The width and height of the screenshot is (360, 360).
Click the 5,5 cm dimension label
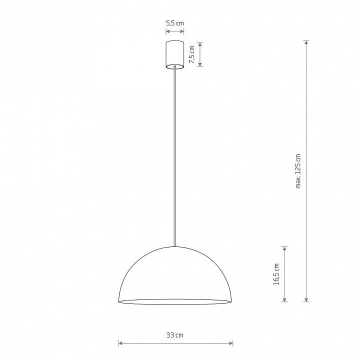[175, 23]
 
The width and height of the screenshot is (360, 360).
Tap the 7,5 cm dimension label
[192, 54]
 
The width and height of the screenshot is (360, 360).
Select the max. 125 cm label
[298, 171]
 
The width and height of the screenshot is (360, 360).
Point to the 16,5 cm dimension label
[276, 274]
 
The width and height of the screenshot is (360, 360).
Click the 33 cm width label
[175, 335]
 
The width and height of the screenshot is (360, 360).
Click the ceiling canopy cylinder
[175, 55]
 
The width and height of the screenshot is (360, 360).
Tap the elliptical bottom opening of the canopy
[175, 66]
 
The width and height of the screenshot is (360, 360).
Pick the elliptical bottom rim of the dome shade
[175, 301]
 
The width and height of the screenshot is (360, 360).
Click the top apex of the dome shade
[175, 247]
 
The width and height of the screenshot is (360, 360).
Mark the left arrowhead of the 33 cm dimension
[120, 343]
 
